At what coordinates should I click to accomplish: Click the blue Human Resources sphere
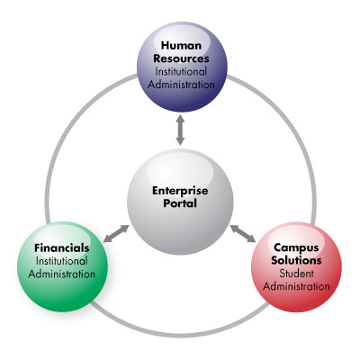pyautogui.click(x=182, y=67)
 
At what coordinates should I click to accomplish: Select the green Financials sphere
pyautogui.click(x=62, y=266)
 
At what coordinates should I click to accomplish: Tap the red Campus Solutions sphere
pyautogui.click(x=296, y=267)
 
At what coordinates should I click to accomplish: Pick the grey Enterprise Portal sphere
pyautogui.click(x=180, y=202)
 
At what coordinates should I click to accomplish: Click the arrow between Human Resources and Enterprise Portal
pyautogui.click(x=180, y=130)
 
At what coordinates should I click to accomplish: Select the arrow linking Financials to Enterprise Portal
pyautogui.click(x=116, y=234)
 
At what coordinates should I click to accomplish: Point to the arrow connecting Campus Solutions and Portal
pyautogui.click(x=243, y=233)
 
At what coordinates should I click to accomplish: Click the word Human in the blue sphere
pyautogui.click(x=181, y=46)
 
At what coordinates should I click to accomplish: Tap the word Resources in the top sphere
pyautogui.click(x=181, y=58)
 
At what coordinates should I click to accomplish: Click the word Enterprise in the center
pyautogui.click(x=180, y=191)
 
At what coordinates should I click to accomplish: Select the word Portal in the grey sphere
pyautogui.click(x=180, y=203)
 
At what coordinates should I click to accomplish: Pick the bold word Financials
pyautogui.click(x=62, y=248)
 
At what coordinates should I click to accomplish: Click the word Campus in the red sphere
pyautogui.click(x=296, y=247)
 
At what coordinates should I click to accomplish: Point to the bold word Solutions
pyautogui.click(x=296, y=260)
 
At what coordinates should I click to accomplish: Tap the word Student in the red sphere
pyautogui.click(x=296, y=274)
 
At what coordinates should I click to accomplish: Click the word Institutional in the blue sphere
pyautogui.click(x=181, y=72)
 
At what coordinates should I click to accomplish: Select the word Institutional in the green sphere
pyautogui.click(x=61, y=261)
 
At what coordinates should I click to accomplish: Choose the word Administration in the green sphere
pyautogui.click(x=62, y=274)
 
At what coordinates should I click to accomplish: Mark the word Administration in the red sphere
pyautogui.click(x=296, y=286)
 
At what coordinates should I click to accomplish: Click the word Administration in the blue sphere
pyautogui.click(x=181, y=85)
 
